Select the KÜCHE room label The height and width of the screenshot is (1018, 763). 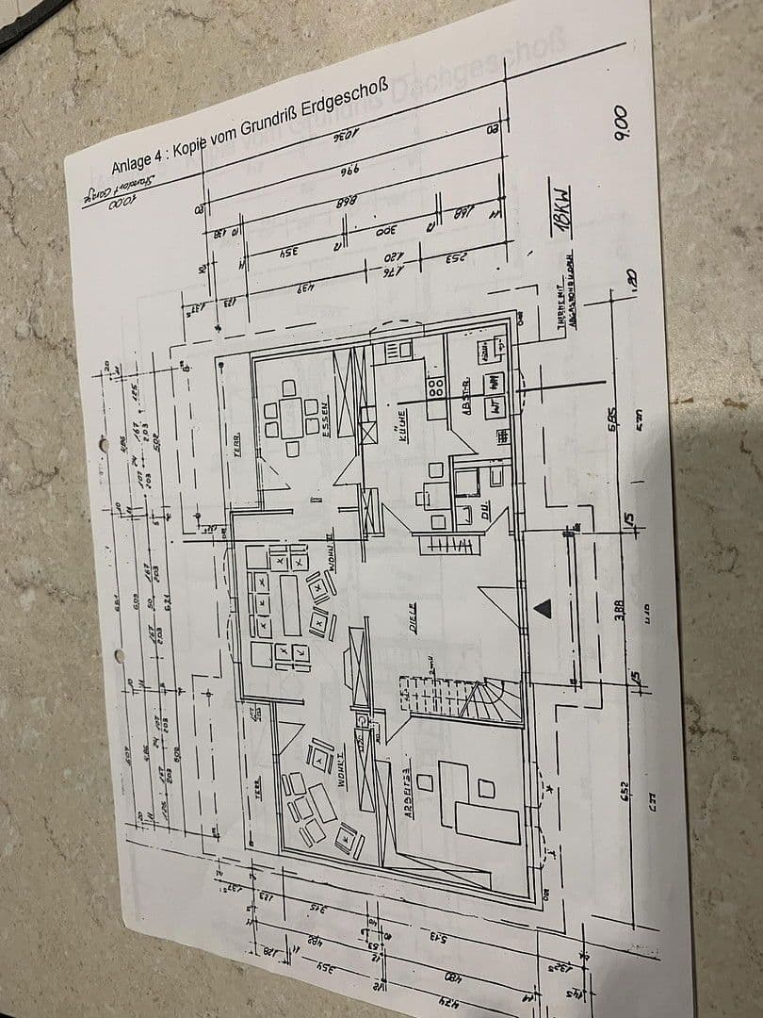coord(401,419)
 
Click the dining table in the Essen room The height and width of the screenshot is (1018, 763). coord(290,418)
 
